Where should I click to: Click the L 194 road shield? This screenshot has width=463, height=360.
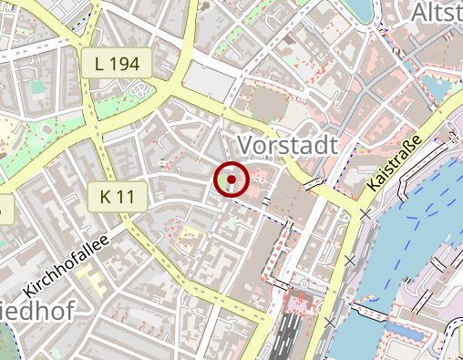[x=117, y=64]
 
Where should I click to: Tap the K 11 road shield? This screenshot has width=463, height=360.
[x=117, y=195]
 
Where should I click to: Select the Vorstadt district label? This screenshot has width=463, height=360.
[x=287, y=145]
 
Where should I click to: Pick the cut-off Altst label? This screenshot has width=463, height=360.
[x=436, y=12]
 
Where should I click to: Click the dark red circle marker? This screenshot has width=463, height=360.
[x=231, y=180]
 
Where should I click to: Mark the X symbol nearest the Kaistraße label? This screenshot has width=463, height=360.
[x=365, y=214]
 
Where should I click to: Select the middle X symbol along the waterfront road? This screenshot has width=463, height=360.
[x=350, y=261]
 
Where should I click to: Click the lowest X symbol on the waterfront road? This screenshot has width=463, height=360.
[x=330, y=321]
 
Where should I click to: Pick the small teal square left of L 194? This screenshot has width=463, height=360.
[x=37, y=87]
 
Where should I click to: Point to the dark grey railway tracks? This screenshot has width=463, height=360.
[x=292, y=333]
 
